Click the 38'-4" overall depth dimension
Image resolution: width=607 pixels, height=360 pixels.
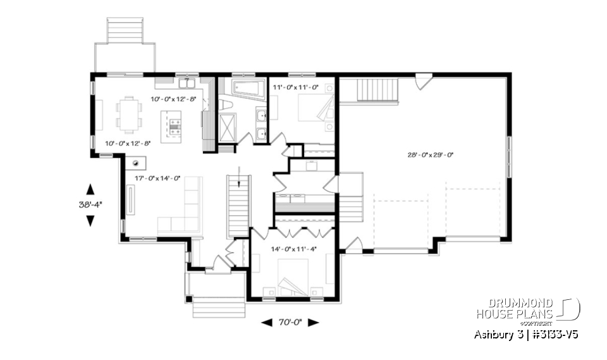90,204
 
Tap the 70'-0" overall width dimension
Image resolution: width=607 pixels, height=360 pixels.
291,322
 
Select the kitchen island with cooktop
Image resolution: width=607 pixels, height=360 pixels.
171,126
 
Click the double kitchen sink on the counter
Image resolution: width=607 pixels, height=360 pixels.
186,83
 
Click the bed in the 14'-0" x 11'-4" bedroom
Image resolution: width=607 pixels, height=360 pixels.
293,278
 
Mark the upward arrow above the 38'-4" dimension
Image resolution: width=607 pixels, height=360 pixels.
90,189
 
